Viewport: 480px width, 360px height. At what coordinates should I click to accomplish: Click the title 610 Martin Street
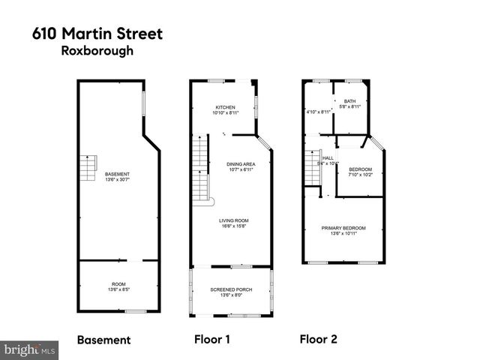pyautogui.click(x=97, y=34)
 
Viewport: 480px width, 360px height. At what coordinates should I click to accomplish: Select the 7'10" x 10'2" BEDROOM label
pyautogui.click(x=360, y=172)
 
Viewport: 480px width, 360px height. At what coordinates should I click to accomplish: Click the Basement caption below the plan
pyautogui.click(x=103, y=340)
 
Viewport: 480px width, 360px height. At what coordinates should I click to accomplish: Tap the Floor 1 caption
pyautogui.click(x=212, y=340)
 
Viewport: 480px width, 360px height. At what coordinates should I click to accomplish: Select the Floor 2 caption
pyautogui.click(x=318, y=340)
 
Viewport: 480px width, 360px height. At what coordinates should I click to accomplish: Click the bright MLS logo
pyautogui.click(x=30, y=349)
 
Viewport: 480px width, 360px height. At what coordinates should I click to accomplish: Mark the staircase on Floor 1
pyautogui.click(x=200, y=169)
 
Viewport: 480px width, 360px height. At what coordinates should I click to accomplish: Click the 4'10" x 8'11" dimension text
pyautogui.click(x=319, y=112)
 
